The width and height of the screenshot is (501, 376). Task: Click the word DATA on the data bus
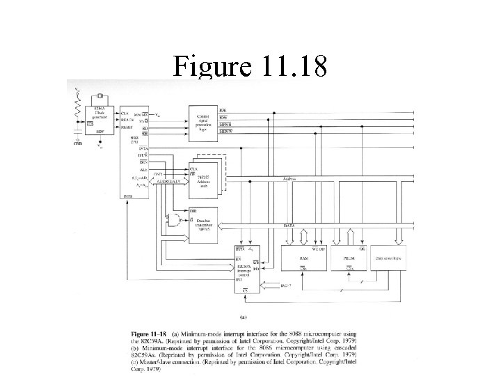(289, 226)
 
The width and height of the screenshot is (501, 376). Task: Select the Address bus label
(289, 179)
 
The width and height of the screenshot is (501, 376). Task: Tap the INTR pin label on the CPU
(126, 196)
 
